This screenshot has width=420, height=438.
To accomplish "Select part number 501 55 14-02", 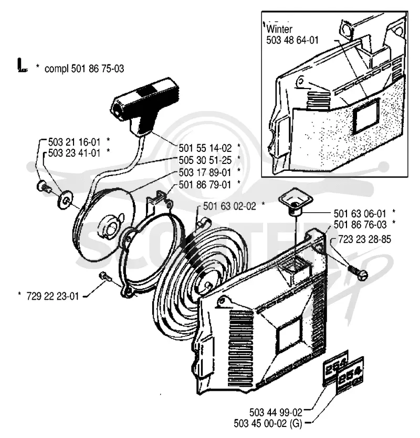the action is [205, 148].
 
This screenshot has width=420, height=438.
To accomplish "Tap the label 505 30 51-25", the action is [205, 160].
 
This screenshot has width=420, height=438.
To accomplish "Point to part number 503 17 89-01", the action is [205, 172].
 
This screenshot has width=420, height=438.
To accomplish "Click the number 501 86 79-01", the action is [205, 184].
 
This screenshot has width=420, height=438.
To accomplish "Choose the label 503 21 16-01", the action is [74, 142].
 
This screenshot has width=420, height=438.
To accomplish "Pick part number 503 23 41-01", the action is [74, 153].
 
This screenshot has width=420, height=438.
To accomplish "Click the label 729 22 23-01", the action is [52, 296].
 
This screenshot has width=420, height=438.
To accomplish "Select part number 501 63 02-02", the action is [229, 206].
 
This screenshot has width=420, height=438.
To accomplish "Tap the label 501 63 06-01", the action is [360, 214].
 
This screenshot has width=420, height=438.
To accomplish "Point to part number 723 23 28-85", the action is [364, 239].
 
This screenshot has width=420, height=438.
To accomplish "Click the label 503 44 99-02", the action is [276, 412].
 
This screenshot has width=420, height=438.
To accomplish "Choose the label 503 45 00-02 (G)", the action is [268, 424].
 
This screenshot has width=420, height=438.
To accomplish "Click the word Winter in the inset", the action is [279, 29].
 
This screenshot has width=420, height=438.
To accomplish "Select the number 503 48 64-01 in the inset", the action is [292, 40].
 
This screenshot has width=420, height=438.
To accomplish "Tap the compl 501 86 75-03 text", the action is [85, 69].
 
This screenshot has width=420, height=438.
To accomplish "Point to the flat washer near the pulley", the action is [65, 199].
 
